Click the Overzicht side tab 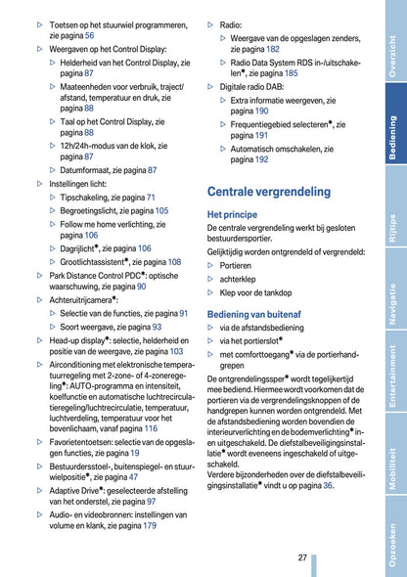pos(392,55)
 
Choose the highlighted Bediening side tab pos(392,138)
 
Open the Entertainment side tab pos(392,385)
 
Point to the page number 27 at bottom pos(303,556)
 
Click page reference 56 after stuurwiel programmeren pos(89,35)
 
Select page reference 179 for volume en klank pos(150,525)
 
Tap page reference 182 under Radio pos(273,48)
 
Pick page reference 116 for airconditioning pos(151,428)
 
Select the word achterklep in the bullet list pos(238,279)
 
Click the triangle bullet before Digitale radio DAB pos(211,86)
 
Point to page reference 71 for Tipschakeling pos(151,198)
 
